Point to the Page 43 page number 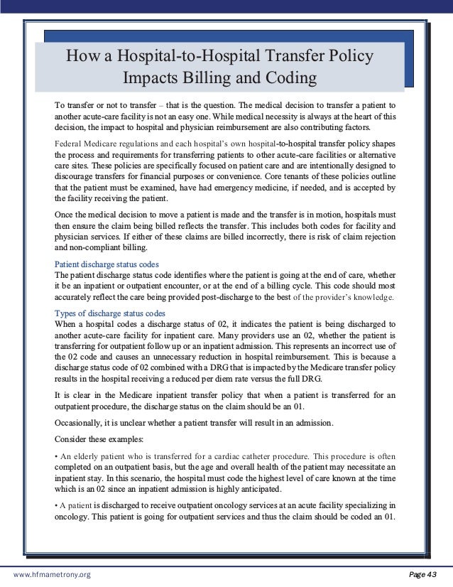pyautogui.click(x=425, y=573)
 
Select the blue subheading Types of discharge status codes pyautogui.click(x=110, y=313)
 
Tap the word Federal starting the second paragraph pyautogui.click(x=69, y=143)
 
